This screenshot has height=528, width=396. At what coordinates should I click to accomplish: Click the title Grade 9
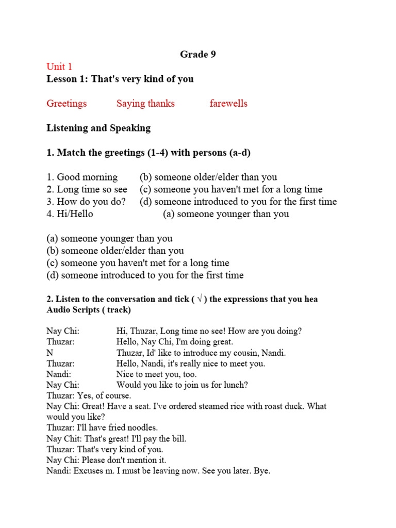tap(197, 54)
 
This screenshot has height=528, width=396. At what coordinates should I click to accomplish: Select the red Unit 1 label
tap(59, 67)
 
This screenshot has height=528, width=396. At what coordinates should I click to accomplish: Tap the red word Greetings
tap(67, 104)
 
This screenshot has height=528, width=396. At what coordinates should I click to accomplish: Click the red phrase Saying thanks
tap(145, 104)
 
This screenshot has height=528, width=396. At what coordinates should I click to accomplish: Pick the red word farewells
tap(228, 104)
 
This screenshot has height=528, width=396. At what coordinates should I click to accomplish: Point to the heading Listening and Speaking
tap(98, 128)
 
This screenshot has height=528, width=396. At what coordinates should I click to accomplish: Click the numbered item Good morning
tap(82, 177)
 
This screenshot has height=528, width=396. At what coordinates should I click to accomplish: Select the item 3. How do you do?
tap(86, 202)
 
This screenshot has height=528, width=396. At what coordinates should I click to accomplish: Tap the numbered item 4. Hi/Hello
tap(70, 214)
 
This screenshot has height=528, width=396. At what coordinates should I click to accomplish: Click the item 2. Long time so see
tap(87, 189)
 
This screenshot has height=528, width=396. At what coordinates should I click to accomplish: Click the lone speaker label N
tap(49, 353)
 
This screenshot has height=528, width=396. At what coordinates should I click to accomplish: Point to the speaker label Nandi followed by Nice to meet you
tap(58, 374)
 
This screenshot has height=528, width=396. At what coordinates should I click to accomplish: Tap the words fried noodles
tap(135, 428)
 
